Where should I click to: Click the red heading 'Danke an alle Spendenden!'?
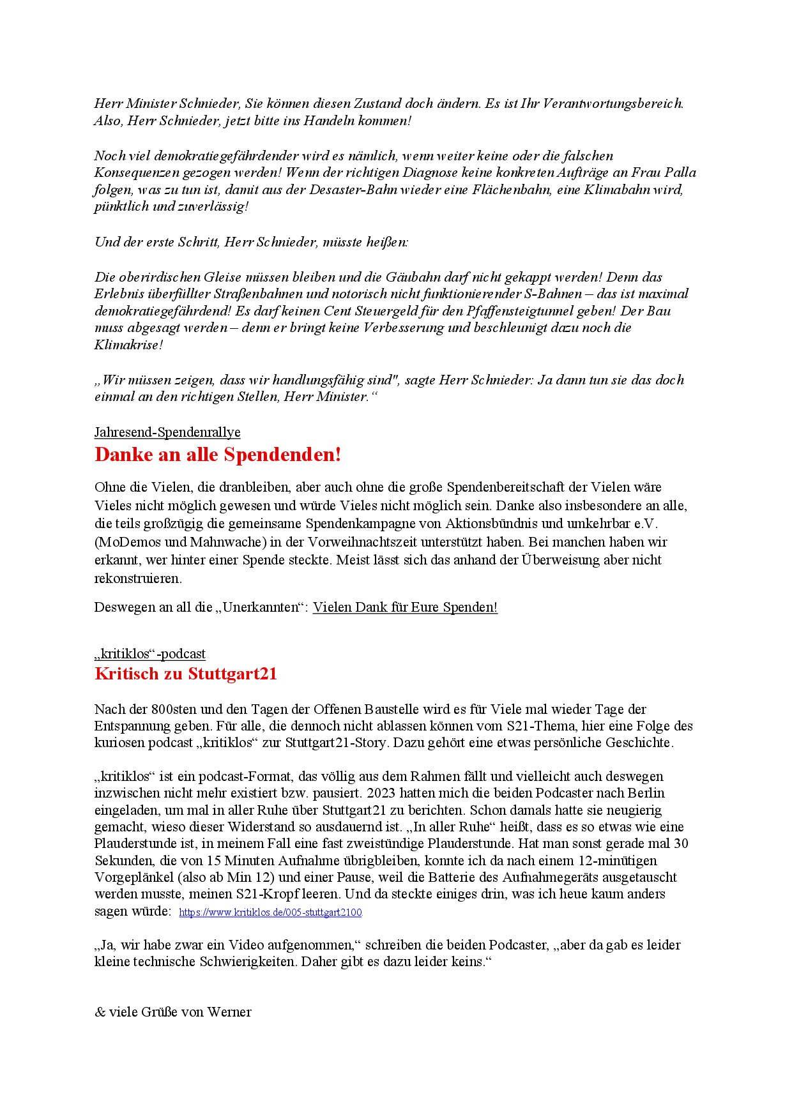coord(218,455)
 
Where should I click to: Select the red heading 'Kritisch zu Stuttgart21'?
coord(185,674)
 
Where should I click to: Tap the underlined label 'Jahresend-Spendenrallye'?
coord(167,432)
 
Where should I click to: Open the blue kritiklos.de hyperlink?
coord(270,912)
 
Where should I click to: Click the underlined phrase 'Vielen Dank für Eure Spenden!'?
coord(405,607)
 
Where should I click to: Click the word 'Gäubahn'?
coord(411,277)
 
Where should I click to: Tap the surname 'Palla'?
coord(680,172)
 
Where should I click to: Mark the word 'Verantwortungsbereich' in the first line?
coord(613,103)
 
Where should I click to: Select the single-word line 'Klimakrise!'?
coord(129,345)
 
